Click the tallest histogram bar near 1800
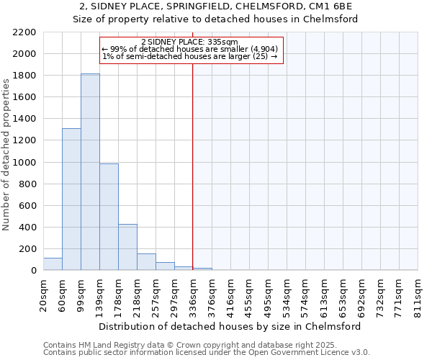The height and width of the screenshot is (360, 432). [x=90, y=173]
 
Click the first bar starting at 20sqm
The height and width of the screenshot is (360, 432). [x=53, y=264]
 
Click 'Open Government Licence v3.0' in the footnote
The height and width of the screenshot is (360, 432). [x=310, y=352]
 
